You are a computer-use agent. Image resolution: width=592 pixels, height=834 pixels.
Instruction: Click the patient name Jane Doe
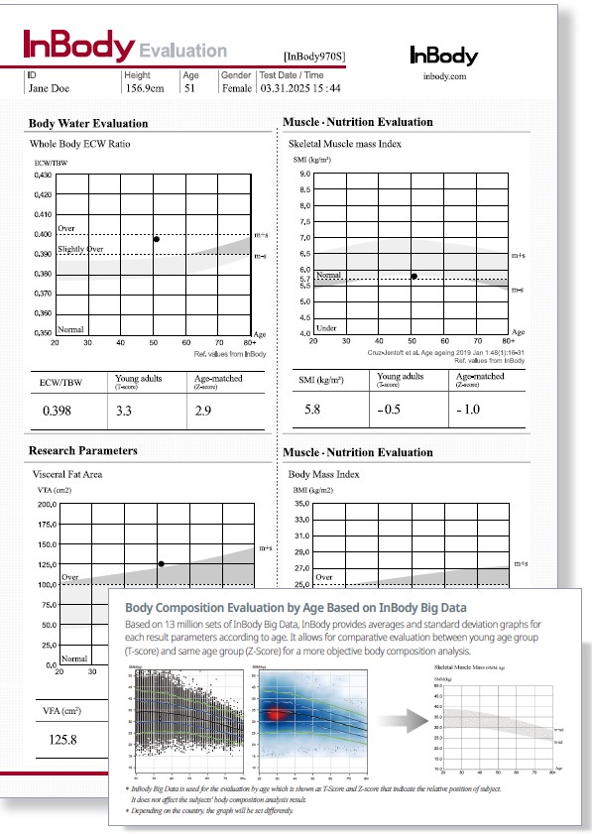50,87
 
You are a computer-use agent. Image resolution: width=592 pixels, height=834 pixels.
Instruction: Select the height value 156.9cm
145,87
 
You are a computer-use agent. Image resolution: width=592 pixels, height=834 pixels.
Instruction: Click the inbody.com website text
443,74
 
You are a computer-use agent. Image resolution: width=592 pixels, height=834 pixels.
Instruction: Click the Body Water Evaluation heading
88,123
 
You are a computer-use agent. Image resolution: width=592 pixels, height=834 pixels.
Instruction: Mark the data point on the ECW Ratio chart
156,239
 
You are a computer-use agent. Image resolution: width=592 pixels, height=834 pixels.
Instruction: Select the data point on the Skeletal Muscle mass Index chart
414,276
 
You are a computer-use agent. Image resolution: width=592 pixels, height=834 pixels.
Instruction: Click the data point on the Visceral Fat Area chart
161,563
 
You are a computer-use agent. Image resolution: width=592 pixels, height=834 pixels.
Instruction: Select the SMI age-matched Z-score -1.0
468,410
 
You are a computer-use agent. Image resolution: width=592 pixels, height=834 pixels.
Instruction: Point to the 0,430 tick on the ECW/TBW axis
40,175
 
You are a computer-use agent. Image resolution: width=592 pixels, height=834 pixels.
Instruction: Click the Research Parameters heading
83,450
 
